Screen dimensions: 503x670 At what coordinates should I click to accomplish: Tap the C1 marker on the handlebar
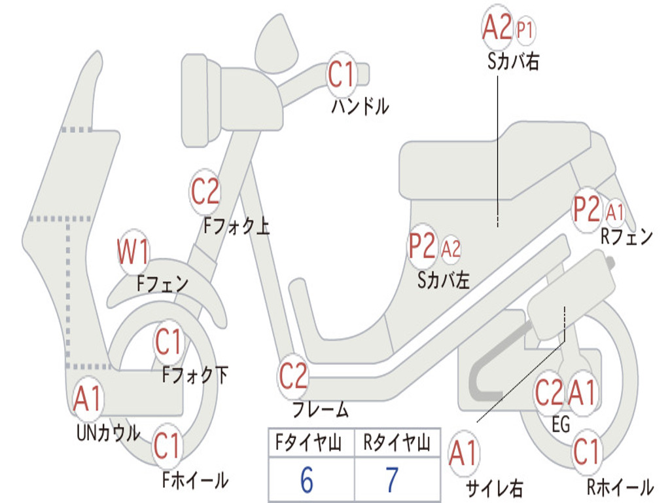coord(341,73)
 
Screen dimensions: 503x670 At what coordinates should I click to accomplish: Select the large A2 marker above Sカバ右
coord(497,28)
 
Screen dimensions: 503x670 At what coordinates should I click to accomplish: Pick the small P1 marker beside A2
coord(525,29)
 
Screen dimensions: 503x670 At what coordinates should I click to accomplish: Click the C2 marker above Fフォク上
coord(205,191)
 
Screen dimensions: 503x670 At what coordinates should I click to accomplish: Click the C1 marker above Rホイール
coord(586,452)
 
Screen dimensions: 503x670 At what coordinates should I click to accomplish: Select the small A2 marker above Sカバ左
coord(451,248)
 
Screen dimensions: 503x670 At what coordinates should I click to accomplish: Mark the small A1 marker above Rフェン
coord(615,212)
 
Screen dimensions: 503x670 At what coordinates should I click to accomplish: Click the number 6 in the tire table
coord(306,480)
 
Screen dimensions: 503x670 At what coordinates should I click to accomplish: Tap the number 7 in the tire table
coord(392,480)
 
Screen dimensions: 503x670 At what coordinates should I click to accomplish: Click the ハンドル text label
coord(360,106)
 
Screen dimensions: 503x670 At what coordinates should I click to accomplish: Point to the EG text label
coord(561,425)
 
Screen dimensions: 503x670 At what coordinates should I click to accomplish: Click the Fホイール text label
coord(195,480)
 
